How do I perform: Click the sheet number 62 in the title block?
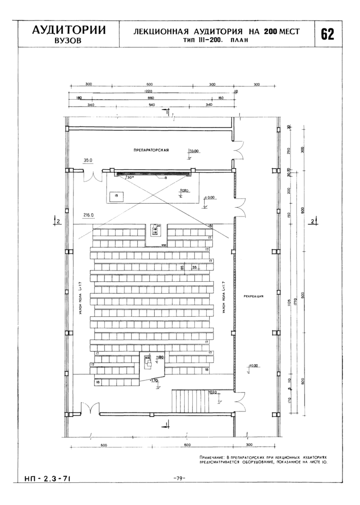click(x=328, y=34)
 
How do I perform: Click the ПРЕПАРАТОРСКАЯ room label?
click(x=151, y=150)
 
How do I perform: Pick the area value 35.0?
click(x=88, y=160)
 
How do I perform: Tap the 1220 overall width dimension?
click(x=149, y=91)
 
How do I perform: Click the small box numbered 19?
click(x=117, y=195)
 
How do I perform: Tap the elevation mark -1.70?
click(x=154, y=381)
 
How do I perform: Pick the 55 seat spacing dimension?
click(x=195, y=267)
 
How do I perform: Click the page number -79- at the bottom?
click(x=179, y=478)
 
